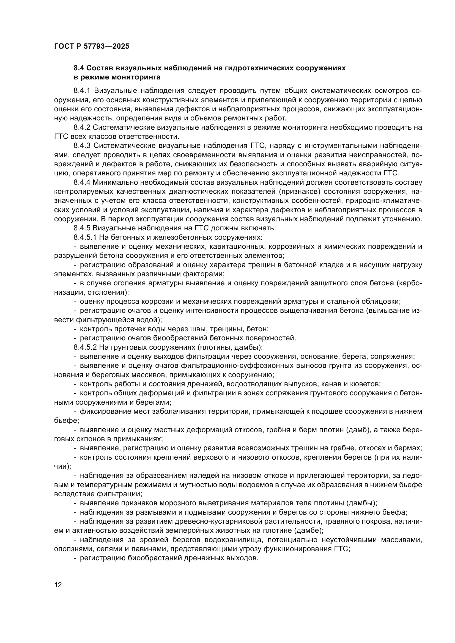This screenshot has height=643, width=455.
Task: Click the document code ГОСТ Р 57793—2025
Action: click(x=92, y=46)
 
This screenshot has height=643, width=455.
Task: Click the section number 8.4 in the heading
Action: click(x=79, y=68)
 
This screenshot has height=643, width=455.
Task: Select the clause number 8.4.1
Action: click(x=82, y=91)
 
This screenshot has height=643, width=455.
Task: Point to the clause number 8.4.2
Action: click(x=82, y=128)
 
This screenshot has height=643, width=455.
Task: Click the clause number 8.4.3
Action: click(x=82, y=146)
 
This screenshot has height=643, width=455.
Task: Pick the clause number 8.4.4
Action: click(x=82, y=182)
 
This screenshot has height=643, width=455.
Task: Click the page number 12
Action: click(x=58, y=585)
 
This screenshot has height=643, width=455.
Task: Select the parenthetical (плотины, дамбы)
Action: click(x=230, y=347)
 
